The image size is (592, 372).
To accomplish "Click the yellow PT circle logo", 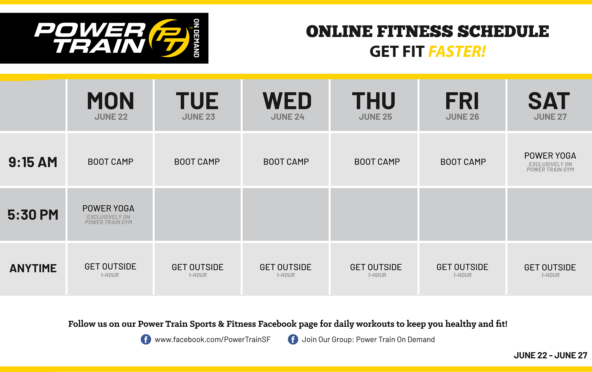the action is (x=169, y=38).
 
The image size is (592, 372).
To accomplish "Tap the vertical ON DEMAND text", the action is (x=197, y=38).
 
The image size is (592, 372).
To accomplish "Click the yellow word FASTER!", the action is (x=457, y=52).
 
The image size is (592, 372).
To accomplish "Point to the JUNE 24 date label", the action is (x=288, y=117).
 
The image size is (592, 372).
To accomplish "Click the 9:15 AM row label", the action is (x=33, y=162).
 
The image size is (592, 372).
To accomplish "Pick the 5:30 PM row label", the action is (x=33, y=215).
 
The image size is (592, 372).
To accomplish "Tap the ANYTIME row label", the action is (x=33, y=268).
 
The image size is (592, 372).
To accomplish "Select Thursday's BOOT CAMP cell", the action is (x=377, y=162).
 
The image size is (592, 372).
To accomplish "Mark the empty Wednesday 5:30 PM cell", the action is (x=286, y=215).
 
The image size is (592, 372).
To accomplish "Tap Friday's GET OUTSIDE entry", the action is (x=462, y=267).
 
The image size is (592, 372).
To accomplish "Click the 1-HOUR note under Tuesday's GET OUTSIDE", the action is (x=198, y=275).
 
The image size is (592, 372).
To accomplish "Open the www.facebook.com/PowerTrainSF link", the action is (x=212, y=340).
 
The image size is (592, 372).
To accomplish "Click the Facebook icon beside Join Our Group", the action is (x=293, y=339).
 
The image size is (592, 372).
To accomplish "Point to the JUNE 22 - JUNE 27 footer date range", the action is (x=550, y=356).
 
